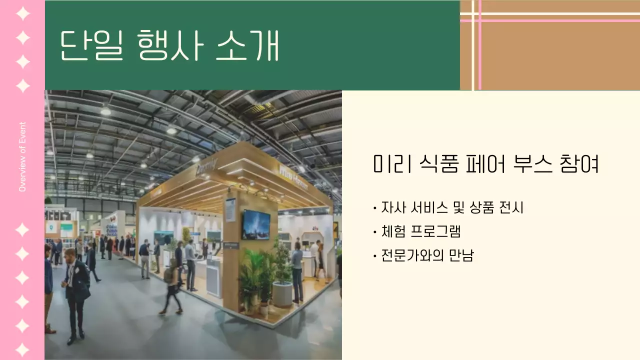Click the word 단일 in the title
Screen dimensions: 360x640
click(x=91, y=45)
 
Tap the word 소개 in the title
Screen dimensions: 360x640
click(x=247, y=45)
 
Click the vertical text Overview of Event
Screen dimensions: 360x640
click(x=22, y=156)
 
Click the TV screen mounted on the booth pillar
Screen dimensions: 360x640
click(x=256, y=224)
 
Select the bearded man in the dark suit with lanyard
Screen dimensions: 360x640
click(x=76, y=292)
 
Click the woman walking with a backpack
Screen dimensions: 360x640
click(x=171, y=287)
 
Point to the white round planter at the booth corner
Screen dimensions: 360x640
click(x=282, y=294)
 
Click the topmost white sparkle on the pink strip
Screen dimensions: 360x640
click(x=22, y=13)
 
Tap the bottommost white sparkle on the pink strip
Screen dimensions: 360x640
click(x=22, y=349)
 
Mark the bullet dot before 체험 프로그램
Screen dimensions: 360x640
click(x=375, y=232)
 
